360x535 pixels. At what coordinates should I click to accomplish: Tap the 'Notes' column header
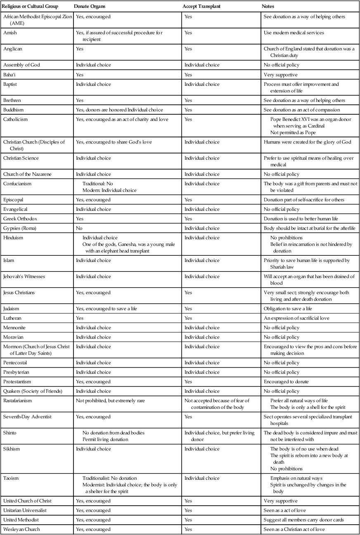[268, 7]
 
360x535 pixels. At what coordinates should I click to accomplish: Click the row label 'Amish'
[10, 33]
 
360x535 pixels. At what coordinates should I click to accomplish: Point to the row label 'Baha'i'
[10, 75]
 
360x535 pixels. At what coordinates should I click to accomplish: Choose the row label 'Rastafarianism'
[17, 401]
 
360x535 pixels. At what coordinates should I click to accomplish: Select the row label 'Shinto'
[10, 433]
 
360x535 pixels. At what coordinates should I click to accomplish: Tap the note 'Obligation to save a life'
[288, 309]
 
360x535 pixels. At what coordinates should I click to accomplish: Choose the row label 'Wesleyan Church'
[21, 529]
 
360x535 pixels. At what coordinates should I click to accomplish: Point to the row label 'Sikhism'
[11, 449]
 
